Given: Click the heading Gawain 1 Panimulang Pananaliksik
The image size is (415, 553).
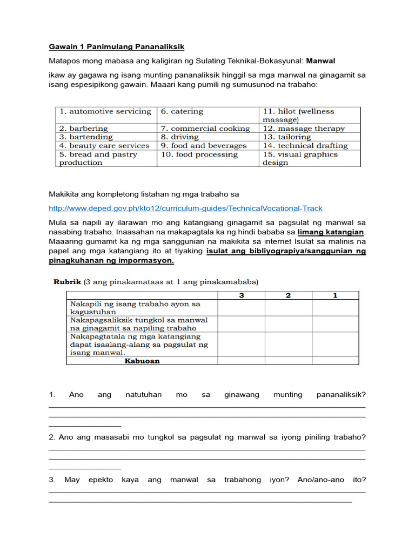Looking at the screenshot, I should tap(117, 47).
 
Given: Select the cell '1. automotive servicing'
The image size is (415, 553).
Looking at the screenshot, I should tap(105, 111).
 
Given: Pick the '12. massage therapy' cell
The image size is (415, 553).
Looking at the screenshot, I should tap(304, 129).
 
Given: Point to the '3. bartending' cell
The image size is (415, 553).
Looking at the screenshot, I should tap(86, 137).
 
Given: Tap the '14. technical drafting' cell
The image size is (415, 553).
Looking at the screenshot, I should tap(305, 146).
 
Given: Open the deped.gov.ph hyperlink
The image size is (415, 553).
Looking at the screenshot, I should tap(185, 208).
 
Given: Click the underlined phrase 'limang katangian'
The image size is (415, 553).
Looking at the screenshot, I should tap(331, 232).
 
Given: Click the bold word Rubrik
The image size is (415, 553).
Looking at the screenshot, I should tap(66, 282).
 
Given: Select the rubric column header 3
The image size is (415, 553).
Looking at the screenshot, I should tap(241, 295).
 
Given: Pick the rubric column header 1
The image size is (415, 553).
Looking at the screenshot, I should tap(335, 295).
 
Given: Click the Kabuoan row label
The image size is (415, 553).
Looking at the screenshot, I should tap(142, 361).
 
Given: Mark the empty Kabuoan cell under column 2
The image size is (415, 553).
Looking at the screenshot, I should tap(288, 361).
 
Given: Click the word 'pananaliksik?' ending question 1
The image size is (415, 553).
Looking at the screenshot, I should tap(341, 395).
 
